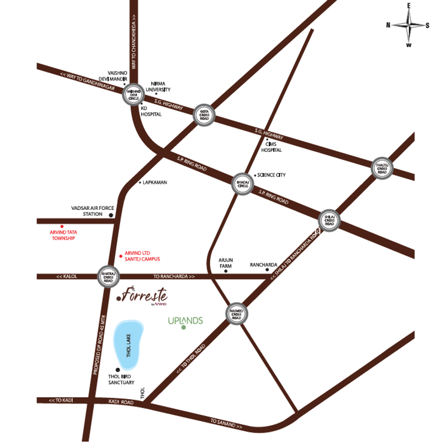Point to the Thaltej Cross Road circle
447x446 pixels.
(383, 167)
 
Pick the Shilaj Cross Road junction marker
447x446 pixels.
(329, 220)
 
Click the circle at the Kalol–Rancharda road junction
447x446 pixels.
(107, 276)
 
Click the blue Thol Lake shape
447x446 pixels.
(128, 344)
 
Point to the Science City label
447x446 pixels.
(271, 175)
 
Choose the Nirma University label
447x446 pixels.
(155, 86)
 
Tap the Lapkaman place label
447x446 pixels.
(155, 183)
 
